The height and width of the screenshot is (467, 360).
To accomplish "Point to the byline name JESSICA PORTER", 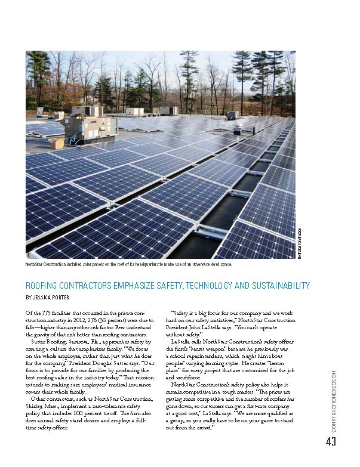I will point(59,296).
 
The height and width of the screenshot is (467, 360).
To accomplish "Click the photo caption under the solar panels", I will point(128,264).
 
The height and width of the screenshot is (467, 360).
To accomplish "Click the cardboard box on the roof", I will point(57,143).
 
